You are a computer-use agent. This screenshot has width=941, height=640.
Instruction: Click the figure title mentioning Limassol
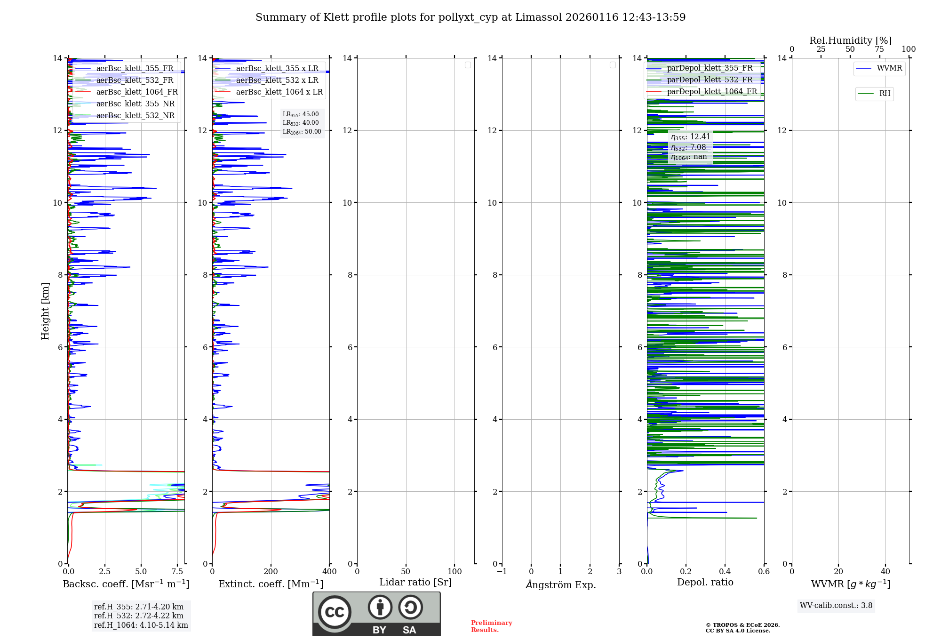470,17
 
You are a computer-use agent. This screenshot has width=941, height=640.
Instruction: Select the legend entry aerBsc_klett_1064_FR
136,92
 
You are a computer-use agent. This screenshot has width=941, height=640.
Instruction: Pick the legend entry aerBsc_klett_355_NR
135,104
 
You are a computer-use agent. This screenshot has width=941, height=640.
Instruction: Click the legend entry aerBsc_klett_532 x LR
277,80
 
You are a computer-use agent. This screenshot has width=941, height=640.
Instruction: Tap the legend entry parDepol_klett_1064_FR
711,92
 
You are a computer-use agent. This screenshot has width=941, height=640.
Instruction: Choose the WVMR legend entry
889,68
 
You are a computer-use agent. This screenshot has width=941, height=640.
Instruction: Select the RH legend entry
885,94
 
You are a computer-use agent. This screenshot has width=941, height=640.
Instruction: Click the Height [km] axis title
45,311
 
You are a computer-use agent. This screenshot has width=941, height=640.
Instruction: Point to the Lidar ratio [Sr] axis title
415,582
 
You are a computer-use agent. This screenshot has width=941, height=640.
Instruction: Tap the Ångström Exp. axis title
560,584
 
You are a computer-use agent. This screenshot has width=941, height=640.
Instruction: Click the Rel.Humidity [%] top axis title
850,40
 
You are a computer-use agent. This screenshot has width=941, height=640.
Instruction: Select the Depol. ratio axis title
705,582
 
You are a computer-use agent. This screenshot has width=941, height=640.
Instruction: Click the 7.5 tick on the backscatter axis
177,571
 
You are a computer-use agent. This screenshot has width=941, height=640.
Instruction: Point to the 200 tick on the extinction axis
271,571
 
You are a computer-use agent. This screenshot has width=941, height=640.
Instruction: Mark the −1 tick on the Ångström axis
502,571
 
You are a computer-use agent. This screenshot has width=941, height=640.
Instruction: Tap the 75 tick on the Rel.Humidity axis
879,49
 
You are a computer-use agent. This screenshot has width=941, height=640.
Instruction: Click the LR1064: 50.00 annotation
302,132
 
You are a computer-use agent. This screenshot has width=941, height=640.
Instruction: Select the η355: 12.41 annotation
690,137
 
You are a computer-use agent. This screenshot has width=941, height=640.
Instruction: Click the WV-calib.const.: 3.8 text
836,606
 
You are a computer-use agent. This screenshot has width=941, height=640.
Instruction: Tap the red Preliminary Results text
491,626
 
